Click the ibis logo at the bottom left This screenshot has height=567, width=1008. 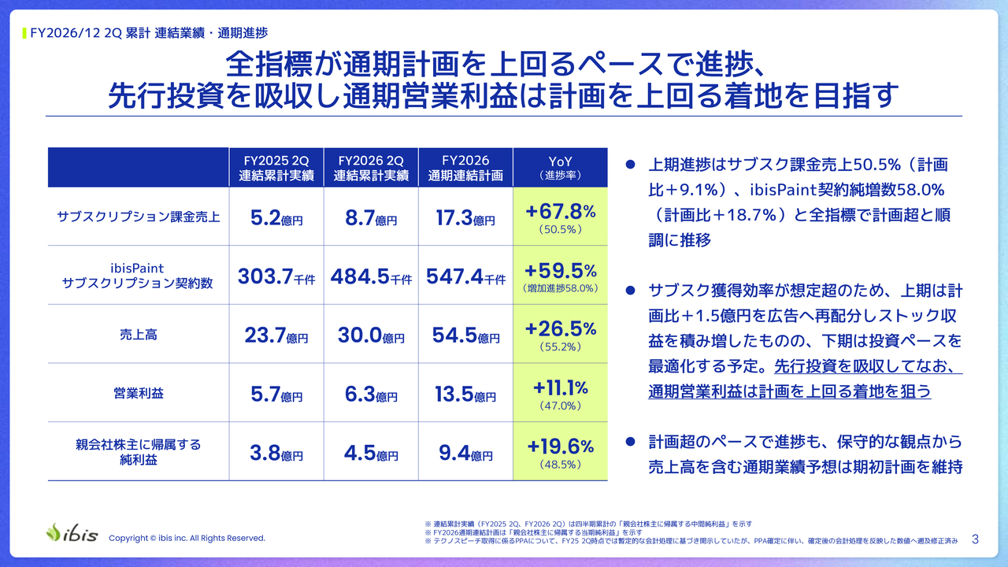coord(72,533)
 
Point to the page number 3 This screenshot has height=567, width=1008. coord(975,539)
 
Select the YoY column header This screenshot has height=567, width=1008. coord(560,168)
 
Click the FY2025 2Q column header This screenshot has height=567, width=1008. coord(276,168)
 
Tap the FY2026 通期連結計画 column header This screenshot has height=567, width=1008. coord(465,168)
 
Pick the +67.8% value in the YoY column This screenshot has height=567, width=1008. coord(560,211)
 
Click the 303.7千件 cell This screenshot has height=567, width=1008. coord(276,276)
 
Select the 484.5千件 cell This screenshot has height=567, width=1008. coord(371,276)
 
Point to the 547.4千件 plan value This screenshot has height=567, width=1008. coord(465,276)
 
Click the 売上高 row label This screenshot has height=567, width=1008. coord(138,335)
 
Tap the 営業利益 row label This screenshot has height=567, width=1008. coord(138,393)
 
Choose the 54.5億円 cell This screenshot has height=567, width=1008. coord(465,335)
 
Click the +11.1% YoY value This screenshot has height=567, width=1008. coord(560,387)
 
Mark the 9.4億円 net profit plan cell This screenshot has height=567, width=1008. coord(465,453)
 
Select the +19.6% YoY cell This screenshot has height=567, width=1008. coord(560,447)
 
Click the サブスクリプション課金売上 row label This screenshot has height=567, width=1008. coord(138,217)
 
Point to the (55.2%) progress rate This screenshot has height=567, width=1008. coord(560,347)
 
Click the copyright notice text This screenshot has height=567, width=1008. coord(187,538)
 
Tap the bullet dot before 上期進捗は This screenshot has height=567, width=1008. coord(631,165)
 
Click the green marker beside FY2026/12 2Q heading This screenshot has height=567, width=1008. coord(24,33)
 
